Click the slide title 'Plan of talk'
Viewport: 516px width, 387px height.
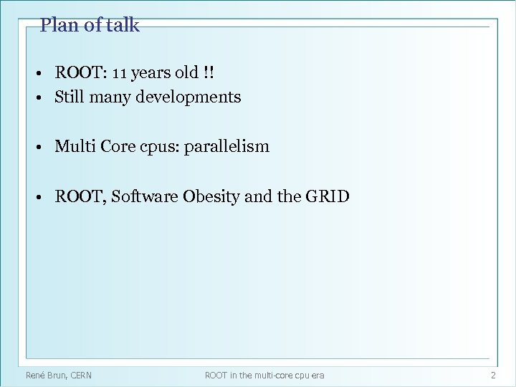tap(90, 26)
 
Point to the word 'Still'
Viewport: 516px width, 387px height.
tap(70, 96)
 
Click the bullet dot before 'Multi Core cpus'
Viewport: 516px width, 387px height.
tap(44, 148)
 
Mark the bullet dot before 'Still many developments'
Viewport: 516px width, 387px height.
tap(44, 97)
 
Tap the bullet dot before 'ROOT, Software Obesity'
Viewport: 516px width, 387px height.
tap(44, 197)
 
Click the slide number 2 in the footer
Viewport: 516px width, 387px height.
tap(492, 375)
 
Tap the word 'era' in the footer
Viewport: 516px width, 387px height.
tap(317, 375)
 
